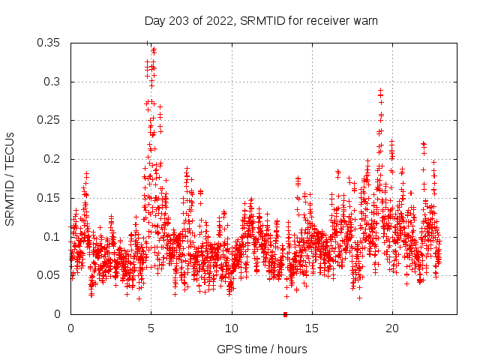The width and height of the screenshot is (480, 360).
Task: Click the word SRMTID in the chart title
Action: click(259, 21)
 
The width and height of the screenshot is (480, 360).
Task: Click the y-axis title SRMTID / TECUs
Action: click(10, 178)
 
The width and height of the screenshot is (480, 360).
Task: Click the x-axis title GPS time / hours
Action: click(262, 349)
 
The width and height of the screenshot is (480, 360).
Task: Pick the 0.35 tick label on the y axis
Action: click(49, 43)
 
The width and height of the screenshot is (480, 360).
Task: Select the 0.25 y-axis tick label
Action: click(49, 120)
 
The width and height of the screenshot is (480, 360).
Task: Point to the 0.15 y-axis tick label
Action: click(49, 198)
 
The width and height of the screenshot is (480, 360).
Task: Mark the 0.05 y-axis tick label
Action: click(49, 275)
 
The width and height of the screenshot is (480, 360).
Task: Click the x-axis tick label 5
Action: click(151, 328)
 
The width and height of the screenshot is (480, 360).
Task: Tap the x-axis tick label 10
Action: click(232, 328)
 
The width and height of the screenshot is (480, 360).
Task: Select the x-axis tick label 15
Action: click(312, 328)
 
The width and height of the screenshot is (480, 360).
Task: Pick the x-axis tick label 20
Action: click(392, 328)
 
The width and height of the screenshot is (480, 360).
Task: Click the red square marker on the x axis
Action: click(285, 314)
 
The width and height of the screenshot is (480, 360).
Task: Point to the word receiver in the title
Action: click(325, 21)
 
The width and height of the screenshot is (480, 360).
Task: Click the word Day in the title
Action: click(154, 21)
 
